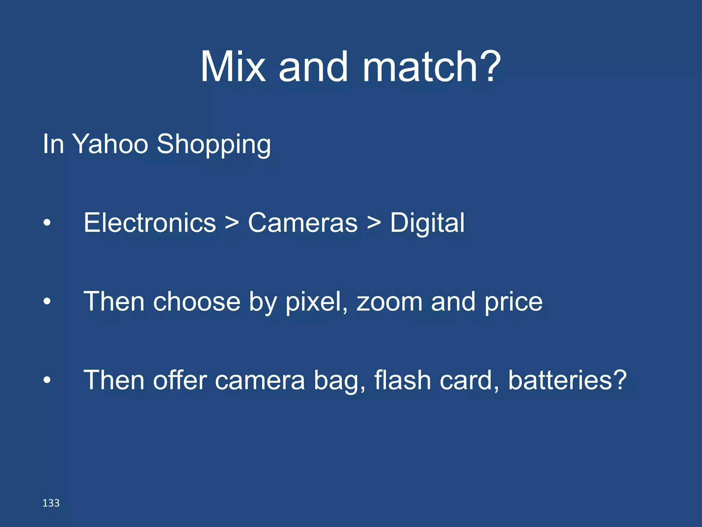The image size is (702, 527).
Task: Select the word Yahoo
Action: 110,144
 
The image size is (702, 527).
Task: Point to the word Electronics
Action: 150,223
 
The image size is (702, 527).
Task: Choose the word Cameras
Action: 303,223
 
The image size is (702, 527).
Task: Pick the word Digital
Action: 427,223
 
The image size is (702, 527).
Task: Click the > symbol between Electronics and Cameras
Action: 232,223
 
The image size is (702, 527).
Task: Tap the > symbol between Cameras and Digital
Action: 374,223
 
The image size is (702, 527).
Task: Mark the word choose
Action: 197,302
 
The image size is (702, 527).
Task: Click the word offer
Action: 180,380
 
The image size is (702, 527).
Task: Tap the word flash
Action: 402,380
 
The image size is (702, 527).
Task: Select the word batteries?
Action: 567,380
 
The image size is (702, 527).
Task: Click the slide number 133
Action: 51,503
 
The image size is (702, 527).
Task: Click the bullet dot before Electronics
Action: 47,223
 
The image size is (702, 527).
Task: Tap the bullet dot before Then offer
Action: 47,380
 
